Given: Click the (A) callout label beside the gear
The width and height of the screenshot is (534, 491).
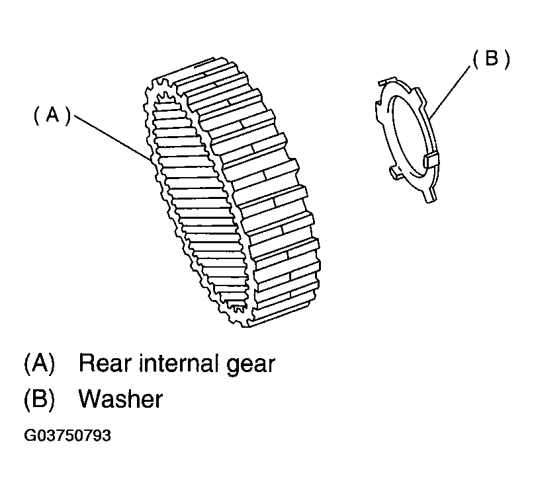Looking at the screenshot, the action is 52,115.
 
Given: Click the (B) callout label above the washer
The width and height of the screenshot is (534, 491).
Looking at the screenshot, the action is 491,59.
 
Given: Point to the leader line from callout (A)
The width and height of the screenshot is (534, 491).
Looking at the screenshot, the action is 112,137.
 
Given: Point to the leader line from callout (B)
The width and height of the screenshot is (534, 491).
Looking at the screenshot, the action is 450,91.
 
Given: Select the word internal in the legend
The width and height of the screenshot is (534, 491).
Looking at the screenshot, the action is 179,363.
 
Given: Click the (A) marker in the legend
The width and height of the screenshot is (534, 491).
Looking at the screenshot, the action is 39,363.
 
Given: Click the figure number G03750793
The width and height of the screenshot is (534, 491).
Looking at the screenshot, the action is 67,435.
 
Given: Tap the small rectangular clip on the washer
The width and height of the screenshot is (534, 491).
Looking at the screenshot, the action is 431,160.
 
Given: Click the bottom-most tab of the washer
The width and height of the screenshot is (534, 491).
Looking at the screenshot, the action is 431,196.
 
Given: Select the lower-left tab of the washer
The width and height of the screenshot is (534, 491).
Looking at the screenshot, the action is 395,172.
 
